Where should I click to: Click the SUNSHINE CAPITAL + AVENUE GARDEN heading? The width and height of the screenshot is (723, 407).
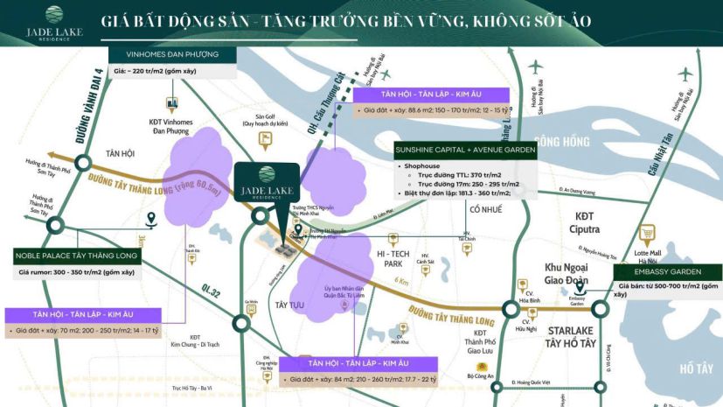click(465, 149)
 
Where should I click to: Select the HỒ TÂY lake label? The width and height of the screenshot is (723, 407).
click(696, 367)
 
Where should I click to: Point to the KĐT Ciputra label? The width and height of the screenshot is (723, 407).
click(587, 223)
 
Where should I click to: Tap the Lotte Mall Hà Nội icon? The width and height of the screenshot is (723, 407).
click(648, 234)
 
